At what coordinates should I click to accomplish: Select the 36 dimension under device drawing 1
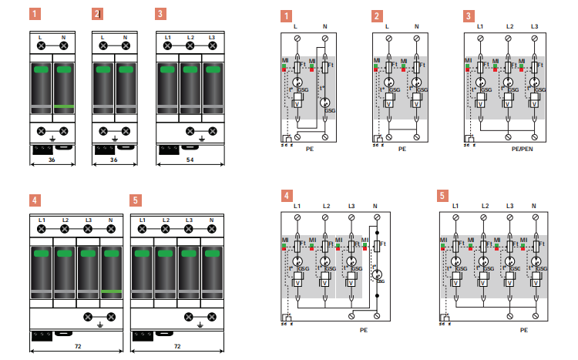coord(51,160)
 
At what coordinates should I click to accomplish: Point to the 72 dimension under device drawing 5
coord(176,347)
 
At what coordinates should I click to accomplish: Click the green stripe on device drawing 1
coord(64,106)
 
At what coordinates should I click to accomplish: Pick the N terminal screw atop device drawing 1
coord(63,46)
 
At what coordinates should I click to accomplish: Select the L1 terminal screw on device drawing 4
coord(42,230)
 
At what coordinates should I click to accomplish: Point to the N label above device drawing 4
coord(111,221)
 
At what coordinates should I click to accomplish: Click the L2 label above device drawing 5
coord(166,221)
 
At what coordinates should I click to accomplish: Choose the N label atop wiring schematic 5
coord(533,206)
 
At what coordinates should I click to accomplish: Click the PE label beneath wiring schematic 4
coord(364,329)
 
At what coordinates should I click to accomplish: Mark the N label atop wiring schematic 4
coord(375,206)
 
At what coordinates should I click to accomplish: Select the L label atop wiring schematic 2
coord(387,27)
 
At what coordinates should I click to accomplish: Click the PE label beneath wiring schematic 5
coord(523,329)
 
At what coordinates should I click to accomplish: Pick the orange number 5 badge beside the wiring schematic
coord(443,196)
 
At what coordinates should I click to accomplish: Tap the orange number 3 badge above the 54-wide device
coord(160,14)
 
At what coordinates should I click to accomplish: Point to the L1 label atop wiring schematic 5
coord(455,206)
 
